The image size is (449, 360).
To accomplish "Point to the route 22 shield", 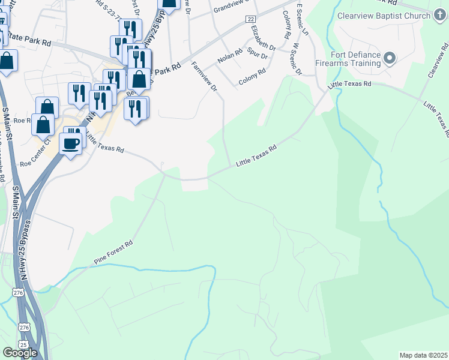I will click(x=250, y=19).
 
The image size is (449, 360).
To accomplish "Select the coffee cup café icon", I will click(x=70, y=145).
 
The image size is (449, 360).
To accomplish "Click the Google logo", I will click(x=20, y=352).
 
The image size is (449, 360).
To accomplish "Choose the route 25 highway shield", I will click(x=23, y=344).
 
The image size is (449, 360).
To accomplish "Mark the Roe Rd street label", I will click(x=22, y=120).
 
